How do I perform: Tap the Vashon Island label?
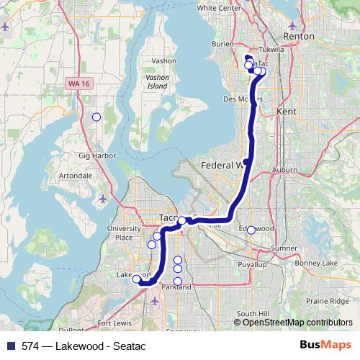(x=156, y=80)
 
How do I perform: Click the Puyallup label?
(x=251, y=265)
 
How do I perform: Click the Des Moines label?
(x=238, y=98)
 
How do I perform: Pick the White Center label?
(x=217, y=8)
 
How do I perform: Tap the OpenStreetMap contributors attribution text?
(x=297, y=323)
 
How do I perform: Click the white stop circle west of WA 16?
(x=96, y=117)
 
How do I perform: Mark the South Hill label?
(x=253, y=314)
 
